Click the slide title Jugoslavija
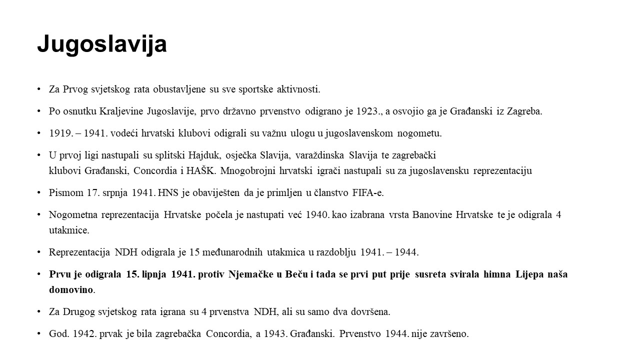[x=101, y=44]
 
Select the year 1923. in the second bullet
[x=369, y=111]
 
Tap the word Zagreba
[x=524, y=111]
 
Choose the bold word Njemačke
[x=249, y=274]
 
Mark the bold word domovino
[x=71, y=290]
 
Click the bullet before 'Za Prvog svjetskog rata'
[x=39, y=89]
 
